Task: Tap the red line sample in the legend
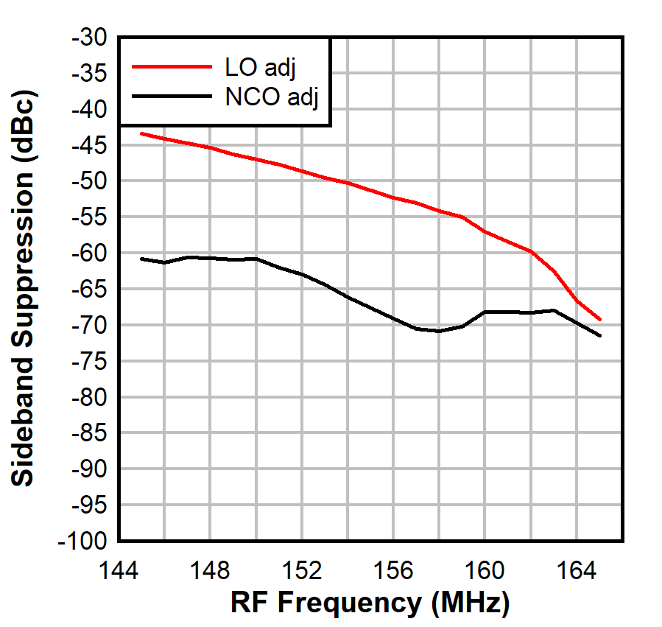[x=171, y=66]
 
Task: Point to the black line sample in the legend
[x=171, y=96]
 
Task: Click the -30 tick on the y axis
[x=88, y=38]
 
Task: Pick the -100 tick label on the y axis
[x=83, y=542]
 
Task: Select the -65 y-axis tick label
[x=88, y=290]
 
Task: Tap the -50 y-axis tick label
[x=88, y=181]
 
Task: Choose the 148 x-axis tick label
[x=210, y=570]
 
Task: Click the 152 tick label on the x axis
[x=302, y=570]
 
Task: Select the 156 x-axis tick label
[x=393, y=570]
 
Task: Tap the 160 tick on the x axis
[x=485, y=570]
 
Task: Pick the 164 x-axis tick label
[x=577, y=570]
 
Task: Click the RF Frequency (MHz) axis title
[x=370, y=603]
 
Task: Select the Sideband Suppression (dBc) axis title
[x=24, y=289]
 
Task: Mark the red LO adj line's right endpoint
[x=600, y=320]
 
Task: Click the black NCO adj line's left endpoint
[x=141, y=259]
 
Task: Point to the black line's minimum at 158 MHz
[x=439, y=331]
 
